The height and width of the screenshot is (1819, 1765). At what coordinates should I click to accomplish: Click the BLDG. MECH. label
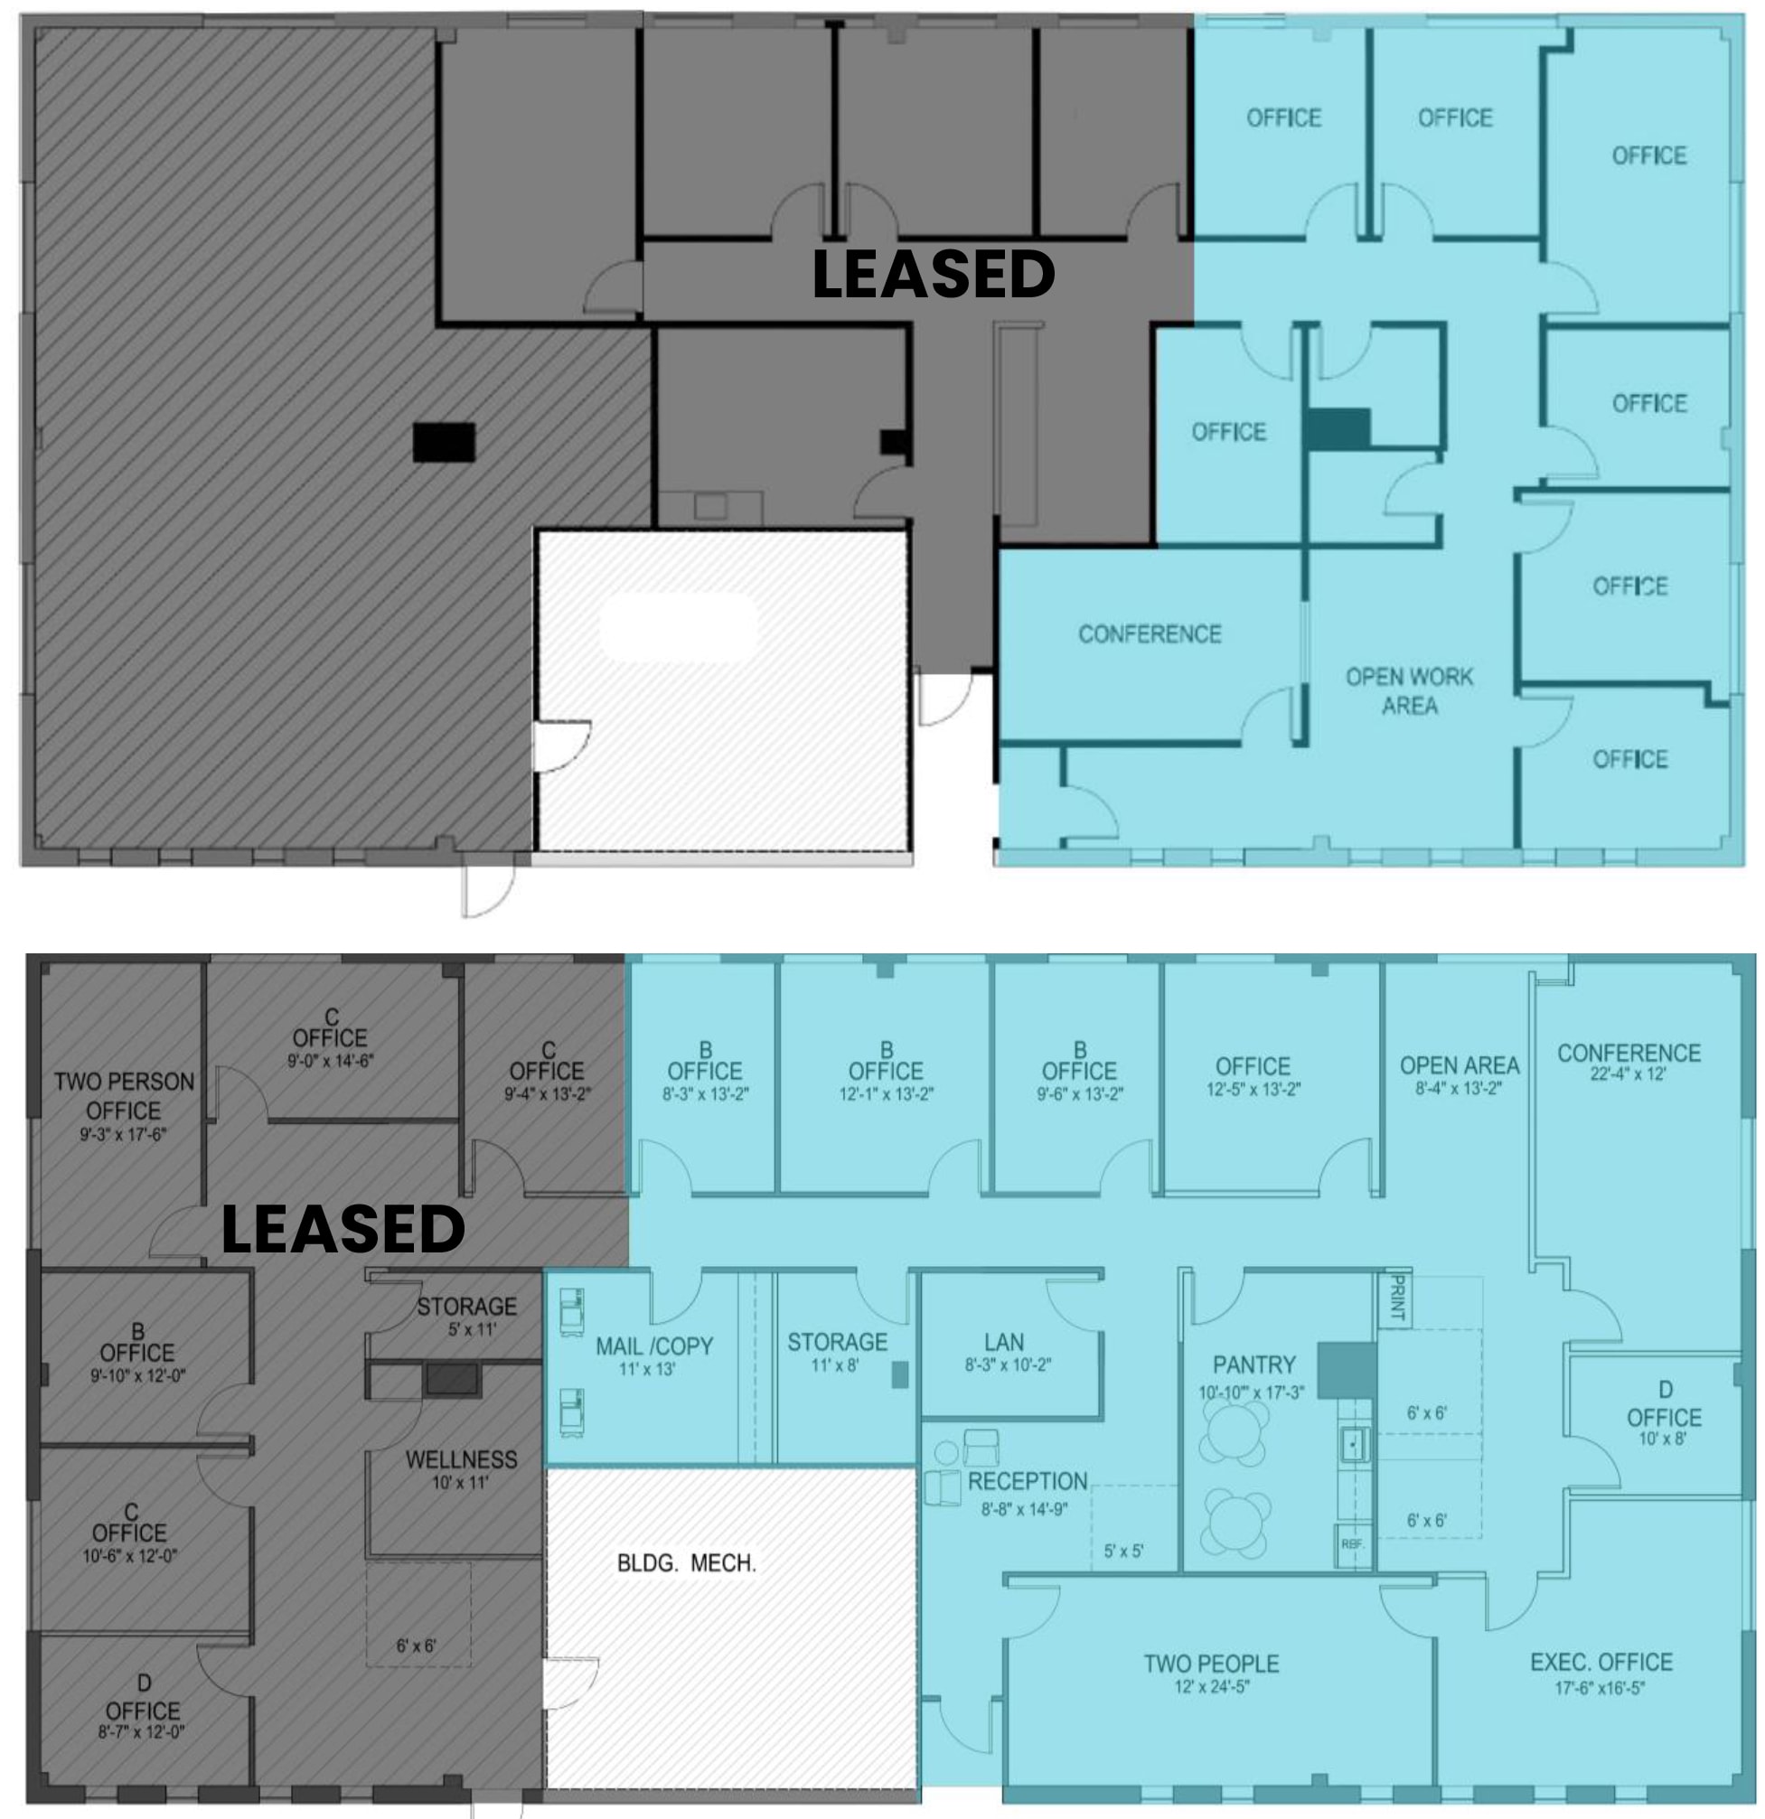[686, 1564]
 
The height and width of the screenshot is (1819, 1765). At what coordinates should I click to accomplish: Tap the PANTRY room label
[1253, 1365]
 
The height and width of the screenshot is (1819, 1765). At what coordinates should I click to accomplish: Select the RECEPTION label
[1028, 1481]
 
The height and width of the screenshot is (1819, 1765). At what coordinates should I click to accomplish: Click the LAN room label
[1004, 1342]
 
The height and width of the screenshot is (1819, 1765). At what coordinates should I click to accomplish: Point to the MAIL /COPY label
[653, 1346]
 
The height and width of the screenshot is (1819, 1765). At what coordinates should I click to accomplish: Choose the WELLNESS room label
[461, 1460]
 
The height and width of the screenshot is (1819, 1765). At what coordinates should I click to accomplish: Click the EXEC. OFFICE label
[1601, 1662]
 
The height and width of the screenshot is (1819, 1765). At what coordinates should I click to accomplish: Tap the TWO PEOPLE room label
[1211, 1664]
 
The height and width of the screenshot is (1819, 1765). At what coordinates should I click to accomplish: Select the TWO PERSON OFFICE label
[124, 1096]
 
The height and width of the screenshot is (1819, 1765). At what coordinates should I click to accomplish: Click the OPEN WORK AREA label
[1409, 691]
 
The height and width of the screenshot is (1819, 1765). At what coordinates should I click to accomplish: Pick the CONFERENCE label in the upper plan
[1149, 633]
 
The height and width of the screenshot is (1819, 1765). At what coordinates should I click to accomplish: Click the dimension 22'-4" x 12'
[1628, 1074]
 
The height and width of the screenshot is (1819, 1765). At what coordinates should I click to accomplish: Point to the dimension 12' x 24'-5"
[1211, 1686]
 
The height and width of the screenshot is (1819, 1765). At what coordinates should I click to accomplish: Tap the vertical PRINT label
[1395, 1299]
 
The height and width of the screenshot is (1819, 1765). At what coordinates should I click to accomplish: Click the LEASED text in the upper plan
[933, 275]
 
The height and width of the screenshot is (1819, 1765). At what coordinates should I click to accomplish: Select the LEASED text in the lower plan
[343, 1230]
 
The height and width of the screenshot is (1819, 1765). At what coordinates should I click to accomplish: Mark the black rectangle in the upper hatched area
[444, 442]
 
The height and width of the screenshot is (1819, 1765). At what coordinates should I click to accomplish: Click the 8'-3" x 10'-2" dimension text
[1007, 1365]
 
